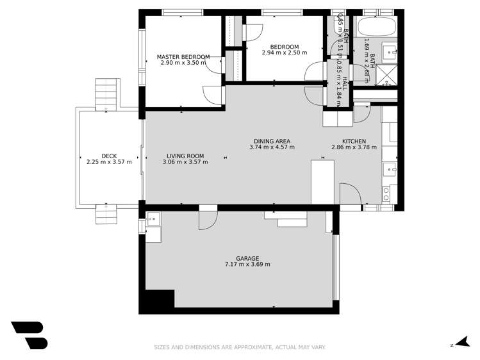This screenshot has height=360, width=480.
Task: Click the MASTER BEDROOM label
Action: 183,57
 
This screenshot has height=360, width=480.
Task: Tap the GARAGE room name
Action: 247,258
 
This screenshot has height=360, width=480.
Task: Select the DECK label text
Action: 109,156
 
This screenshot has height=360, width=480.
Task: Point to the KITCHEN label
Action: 354,141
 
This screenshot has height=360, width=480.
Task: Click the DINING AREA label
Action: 272,141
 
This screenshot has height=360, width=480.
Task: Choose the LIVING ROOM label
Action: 185,156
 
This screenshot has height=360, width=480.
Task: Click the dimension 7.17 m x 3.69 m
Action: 247,265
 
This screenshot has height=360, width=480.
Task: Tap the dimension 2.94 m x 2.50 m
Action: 284,53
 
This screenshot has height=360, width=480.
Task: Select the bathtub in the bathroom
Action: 376,27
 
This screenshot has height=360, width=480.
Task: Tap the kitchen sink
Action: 388,169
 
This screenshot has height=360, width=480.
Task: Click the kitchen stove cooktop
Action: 386,194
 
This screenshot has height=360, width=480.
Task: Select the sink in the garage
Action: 153,220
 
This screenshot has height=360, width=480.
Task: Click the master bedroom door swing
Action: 212,94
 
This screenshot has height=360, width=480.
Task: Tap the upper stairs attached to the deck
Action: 107,94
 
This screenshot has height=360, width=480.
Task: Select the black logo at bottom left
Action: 29,335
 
